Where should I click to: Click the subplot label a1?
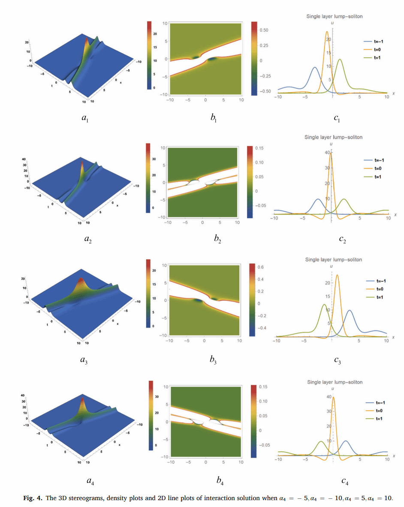[86, 118]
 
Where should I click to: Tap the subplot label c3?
[338, 361]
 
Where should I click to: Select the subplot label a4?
[90, 481]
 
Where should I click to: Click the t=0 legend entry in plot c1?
[373, 50]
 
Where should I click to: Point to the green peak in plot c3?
[324, 305]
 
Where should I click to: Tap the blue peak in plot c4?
[346, 441]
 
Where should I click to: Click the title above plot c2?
[333, 137]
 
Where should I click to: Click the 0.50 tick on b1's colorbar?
[264, 30]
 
